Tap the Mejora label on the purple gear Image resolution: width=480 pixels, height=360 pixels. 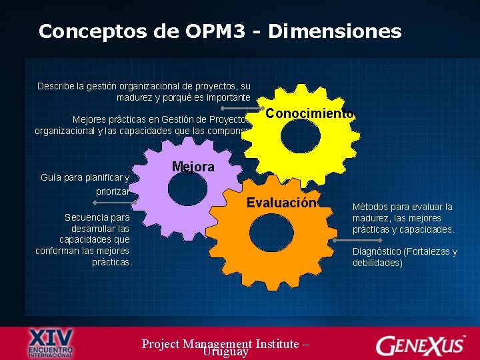[193, 167]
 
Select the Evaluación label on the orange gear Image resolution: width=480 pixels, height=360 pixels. [280, 203]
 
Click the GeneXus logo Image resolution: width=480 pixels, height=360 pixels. [420, 345]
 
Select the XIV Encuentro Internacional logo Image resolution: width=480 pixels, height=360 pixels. [51, 343]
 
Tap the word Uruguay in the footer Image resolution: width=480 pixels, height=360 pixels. [226, 351]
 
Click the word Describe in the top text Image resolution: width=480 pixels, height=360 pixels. [56, 86]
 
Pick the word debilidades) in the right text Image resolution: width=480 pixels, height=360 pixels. [377, 263]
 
